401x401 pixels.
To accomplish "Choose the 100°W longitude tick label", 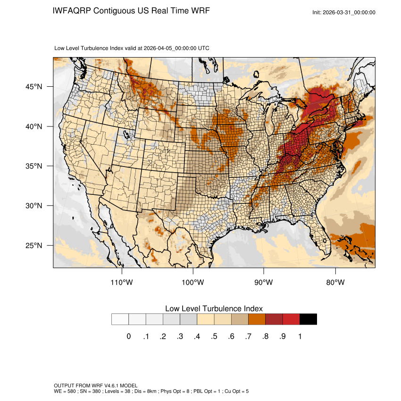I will [x=193, y=283].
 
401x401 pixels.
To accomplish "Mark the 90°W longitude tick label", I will [x=264, y=283].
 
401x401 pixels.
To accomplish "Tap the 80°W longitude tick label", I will [x=335, y=283].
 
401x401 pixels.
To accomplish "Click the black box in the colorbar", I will [x=308, y=319].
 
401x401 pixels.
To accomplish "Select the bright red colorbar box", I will [x=291, y=319].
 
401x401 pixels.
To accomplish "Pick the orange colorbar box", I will [x=257, y=319].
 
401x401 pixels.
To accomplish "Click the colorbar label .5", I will [x=214, y=336].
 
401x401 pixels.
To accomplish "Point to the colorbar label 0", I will [x=129, y=336].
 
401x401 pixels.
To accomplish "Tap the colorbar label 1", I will [x=300, y=336].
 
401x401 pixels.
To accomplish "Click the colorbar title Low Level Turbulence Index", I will [x=214, y=309].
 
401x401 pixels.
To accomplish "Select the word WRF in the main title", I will [x=198, y=11].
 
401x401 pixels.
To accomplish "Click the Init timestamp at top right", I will [x=344, y=12].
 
